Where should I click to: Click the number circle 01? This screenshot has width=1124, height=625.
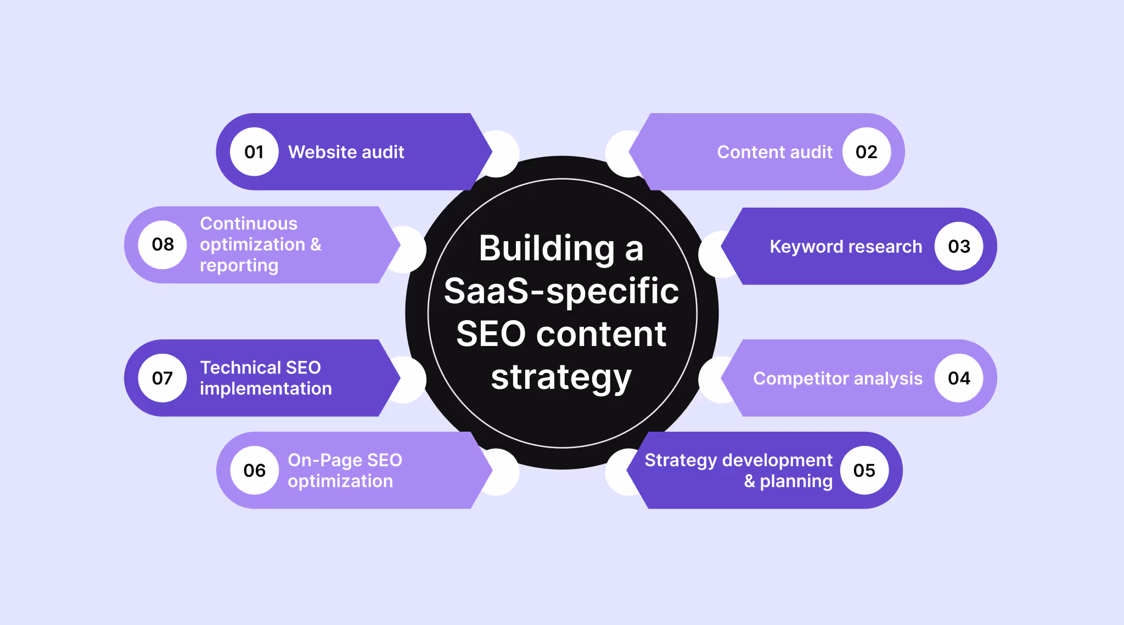click(254, 152)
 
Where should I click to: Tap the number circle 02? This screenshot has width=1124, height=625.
click(866, 152)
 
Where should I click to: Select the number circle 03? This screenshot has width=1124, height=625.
click(959, 247)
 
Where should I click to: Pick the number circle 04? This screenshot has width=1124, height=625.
click(959, 378)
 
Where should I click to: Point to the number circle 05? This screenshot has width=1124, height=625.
click(864, 471)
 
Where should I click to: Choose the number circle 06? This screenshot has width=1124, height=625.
click(254, 471)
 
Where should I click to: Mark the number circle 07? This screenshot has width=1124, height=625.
click(162, 378)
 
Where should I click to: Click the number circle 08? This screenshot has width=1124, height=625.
click(162, 244)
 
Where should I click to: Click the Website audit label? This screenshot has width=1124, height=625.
click(346, 152)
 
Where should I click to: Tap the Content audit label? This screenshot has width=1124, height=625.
click(774, 152)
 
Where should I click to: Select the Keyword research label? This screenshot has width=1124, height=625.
click(846, 247)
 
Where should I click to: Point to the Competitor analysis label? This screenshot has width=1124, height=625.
click(838, 378)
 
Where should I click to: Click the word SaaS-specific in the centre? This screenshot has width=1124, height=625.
click(561, 291)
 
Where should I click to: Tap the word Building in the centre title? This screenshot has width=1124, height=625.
click(547, 248)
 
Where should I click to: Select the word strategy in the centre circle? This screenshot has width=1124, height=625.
click(561, 377)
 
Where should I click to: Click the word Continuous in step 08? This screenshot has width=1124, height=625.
click(249, 224)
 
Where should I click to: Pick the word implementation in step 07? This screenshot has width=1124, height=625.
click(266, 389)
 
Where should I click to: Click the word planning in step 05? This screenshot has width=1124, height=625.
click(796, 482)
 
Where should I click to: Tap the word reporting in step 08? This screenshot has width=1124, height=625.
click(239, 266)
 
